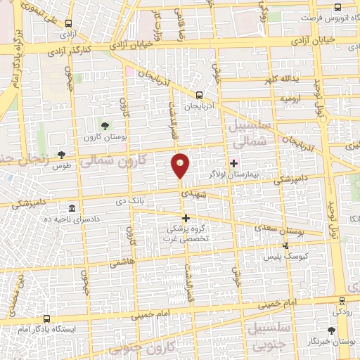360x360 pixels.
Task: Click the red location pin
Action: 181,165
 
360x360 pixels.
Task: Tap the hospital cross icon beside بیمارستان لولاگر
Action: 234,162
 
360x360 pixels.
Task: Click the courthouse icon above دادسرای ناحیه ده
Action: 73,209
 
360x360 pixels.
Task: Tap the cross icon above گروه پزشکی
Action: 186,218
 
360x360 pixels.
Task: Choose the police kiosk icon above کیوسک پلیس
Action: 285,245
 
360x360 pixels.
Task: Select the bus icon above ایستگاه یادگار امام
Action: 46,319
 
